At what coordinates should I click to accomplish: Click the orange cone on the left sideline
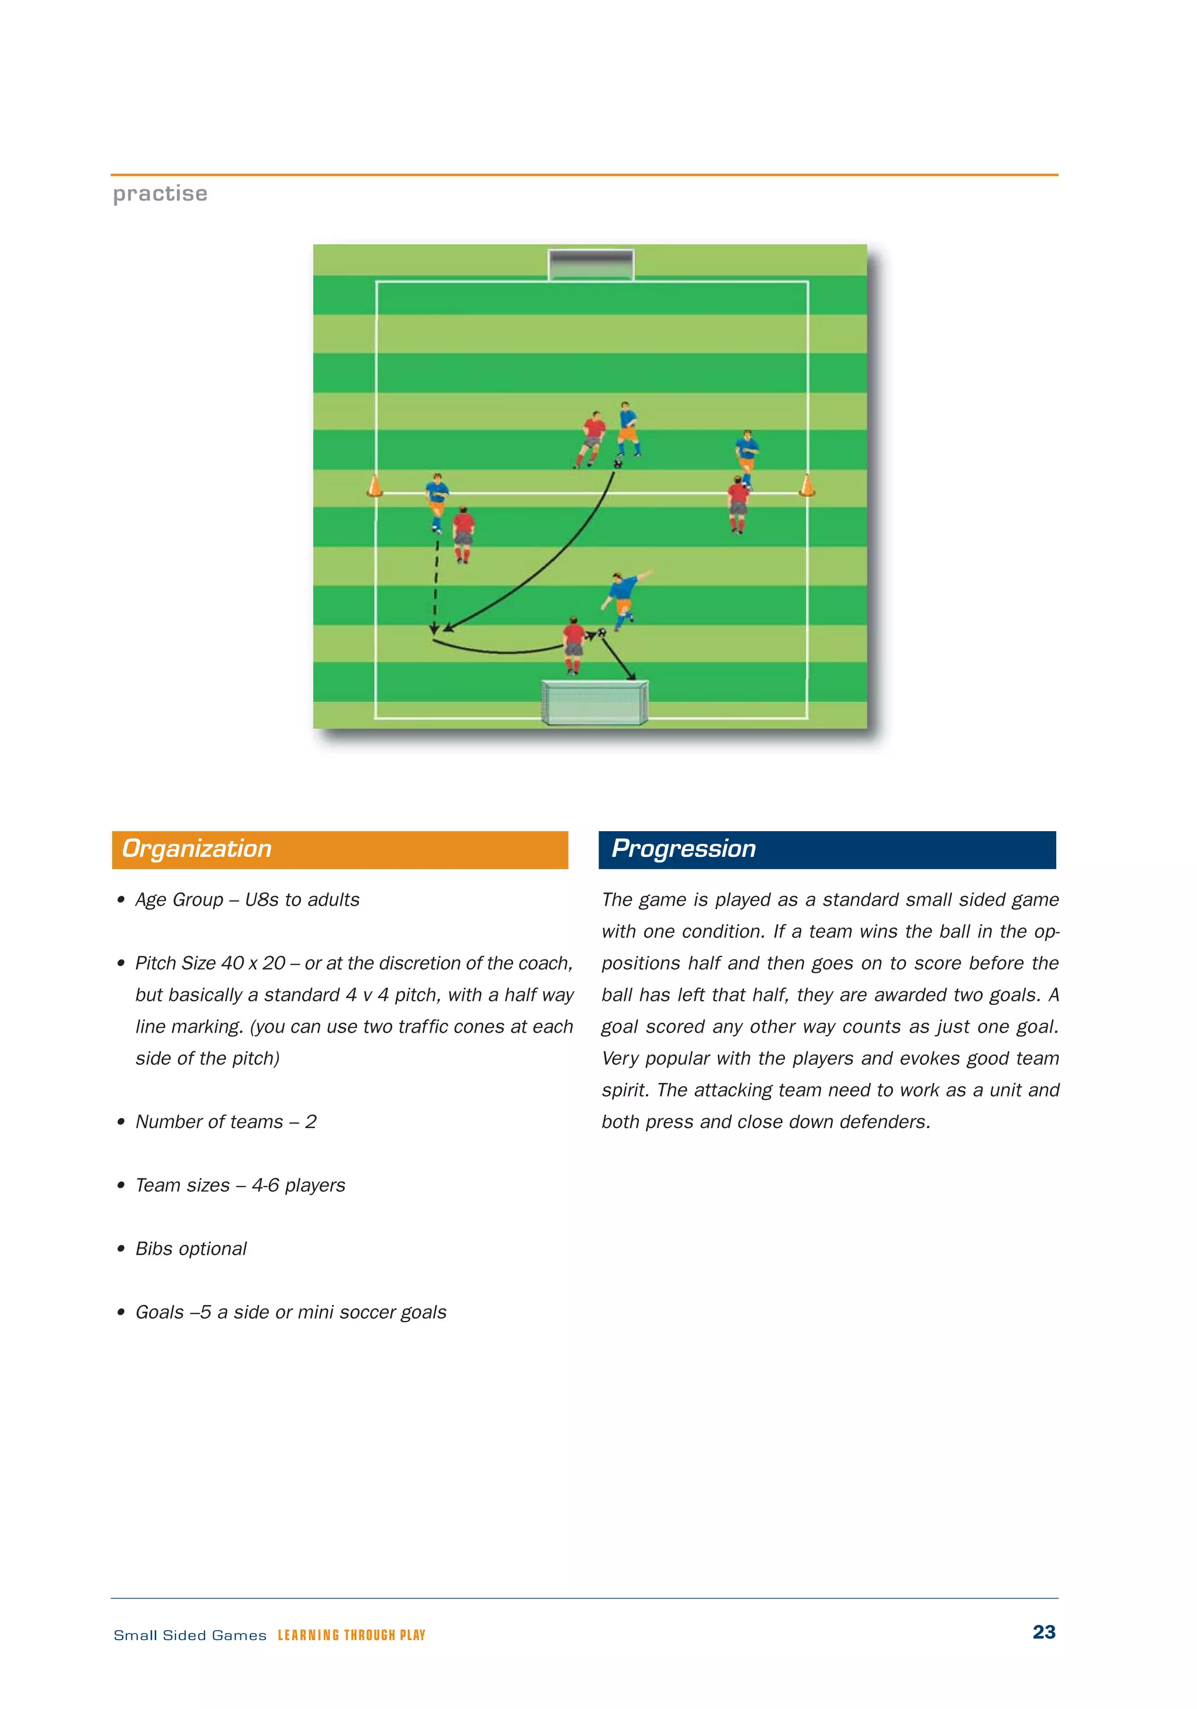(375, 486)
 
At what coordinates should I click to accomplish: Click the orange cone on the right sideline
(806, 485)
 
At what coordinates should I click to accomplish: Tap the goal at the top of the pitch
(591, 265)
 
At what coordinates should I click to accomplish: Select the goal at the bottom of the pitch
(594, 702)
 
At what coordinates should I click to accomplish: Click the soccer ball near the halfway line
(617, 463)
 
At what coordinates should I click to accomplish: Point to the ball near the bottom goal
(601, 632)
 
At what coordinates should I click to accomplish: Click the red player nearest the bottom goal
(573, 645)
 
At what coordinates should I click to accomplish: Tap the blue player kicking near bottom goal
(623, 599)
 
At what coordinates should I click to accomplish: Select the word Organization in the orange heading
(196, 849)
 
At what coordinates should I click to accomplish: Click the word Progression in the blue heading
(683, 849)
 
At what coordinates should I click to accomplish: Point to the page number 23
(1044, 1632)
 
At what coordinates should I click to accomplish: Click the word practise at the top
(160, 193)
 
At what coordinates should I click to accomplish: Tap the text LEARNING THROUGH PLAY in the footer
(351, 1635)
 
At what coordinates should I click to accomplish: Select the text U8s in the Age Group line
(262, 900)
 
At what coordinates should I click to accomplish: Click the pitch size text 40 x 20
(253, 963)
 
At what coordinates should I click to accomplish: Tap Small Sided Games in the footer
(190, 1635)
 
